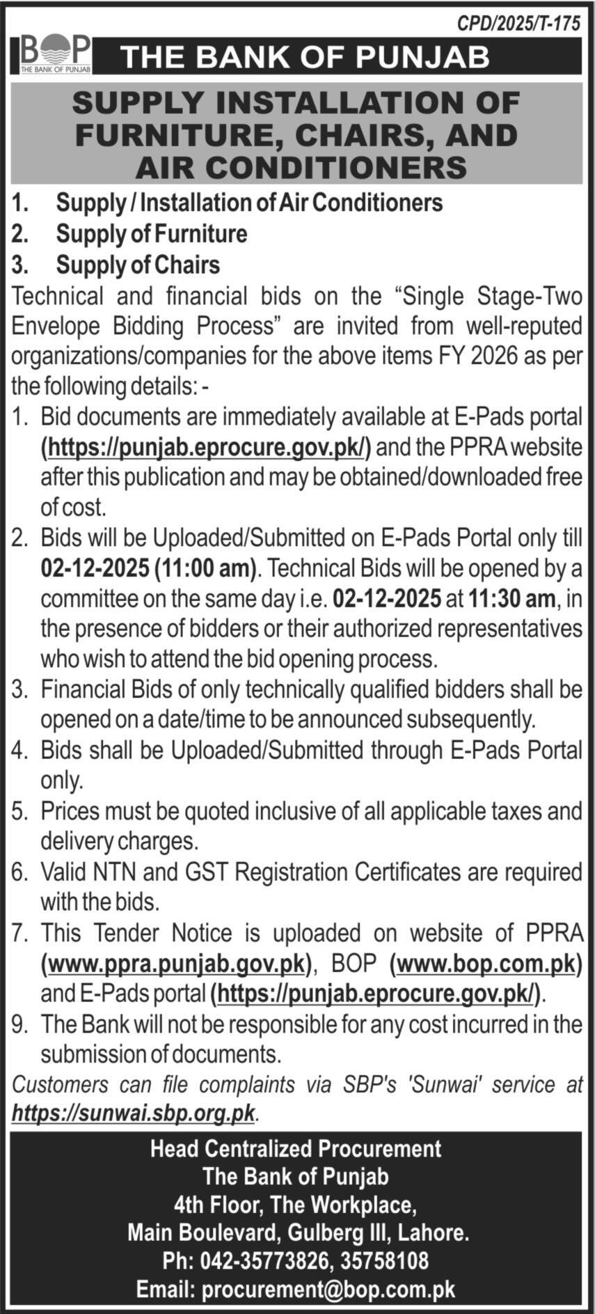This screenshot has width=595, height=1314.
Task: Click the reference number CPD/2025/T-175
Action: pyautogui.click(x=518, y=23)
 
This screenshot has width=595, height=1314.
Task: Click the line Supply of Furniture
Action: pyautogui.click(x=151, y=234)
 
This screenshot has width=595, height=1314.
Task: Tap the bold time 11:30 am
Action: pyautogui.click(x=511, y=598)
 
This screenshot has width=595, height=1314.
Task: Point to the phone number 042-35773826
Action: pyautogui.click(x=269, y=1260)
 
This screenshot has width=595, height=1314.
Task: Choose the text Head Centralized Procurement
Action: pyautogui.click(x=296, y=1148)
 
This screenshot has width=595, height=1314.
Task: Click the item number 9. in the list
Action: pyautogui.click(x=20, y=1024)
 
